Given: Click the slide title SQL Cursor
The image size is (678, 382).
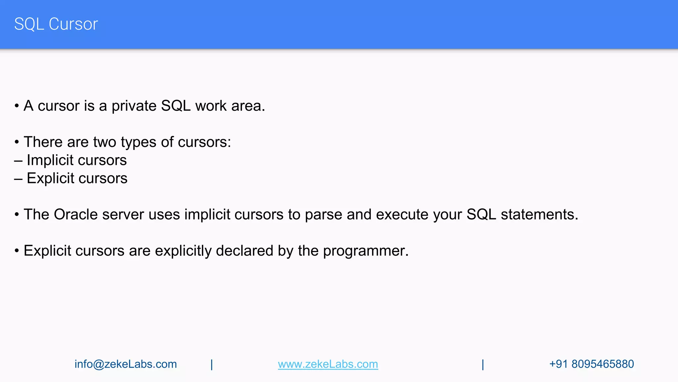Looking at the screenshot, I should pyautogui.click(x=56, y=24).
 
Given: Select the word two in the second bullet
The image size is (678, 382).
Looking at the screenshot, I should pyautogui.click(x=105, y=142).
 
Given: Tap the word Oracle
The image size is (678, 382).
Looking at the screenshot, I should pyautogui.click(x=75, y=215).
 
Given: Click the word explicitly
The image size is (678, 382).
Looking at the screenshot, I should pyautogui.click(x=183, y=251).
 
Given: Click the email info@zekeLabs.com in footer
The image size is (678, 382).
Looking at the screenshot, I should pyautogui.click(x=125, y=364).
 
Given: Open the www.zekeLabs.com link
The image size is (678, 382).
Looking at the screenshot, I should pyautogui.click(x=328, y=364).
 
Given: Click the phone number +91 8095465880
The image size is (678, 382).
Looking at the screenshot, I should pyautogui.click(x=591, y=364).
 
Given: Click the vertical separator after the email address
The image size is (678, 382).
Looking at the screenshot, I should pyautogui.click(x=212, y=364).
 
